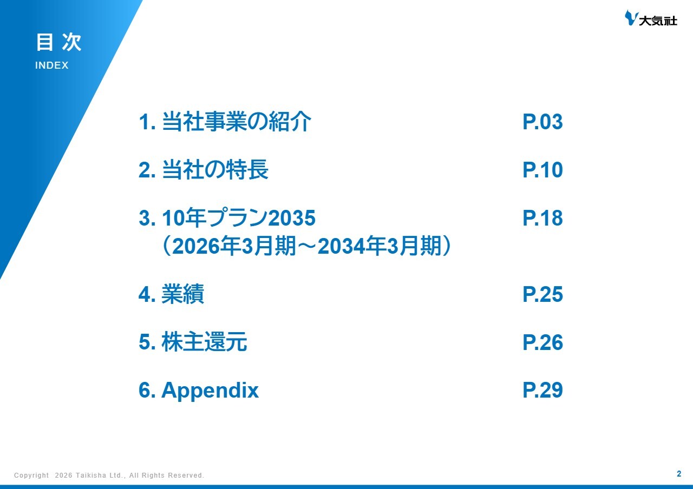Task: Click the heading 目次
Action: pyautogui.click(x=58, y=43)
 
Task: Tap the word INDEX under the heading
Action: pyautogui.click(x=52, y=65)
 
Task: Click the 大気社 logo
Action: pyautogui.click(x=651, y=19)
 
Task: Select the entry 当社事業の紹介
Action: pyautogui.click(x=236, y=123)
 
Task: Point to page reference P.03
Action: pyautogui.click(x=542, y=123)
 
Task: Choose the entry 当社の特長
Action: pyautogui.click(x=215, y=170)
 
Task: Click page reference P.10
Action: pyautogui.click(x=542, y=170)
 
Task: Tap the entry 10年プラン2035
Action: pyautogui.click(x=238, y=219)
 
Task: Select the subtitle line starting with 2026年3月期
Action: pyautogui.click(x=307, y=247)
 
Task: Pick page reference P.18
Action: pyautogui.click(x=542, y=219)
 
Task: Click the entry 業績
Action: pyautogui.click(x=182, y=295)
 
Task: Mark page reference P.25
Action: pyautogui.click(x=542, y=295)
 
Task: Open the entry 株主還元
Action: pyautogui.click(x=204, y=343)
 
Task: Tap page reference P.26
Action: pyautogui.click(x=542, y=343)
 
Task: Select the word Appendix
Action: pyautogui.click(x=210, y=391)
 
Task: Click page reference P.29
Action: pyautogui.click(x=542, y=391)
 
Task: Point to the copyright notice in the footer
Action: pyautogui.click(x=109, y=475)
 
